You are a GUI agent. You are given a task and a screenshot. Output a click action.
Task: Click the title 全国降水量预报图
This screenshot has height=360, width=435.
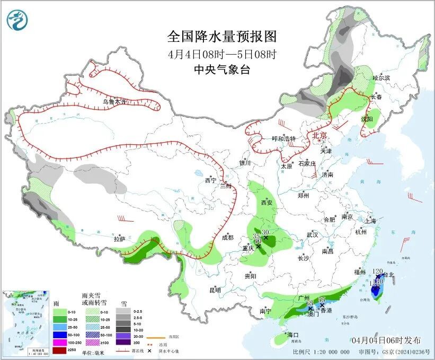(x=222, y=37)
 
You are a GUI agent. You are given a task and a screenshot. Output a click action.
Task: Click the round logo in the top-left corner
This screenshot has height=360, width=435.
(x=17, y=20)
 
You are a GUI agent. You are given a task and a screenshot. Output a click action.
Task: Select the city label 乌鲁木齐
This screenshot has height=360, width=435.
(x=115, y=101)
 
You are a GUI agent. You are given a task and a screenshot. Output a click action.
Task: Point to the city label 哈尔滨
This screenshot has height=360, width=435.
(x=381, y=78)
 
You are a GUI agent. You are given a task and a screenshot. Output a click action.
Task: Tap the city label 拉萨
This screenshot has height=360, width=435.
(x=119, y=239)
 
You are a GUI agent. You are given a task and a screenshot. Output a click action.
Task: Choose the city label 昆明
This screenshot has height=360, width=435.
(x=215, y=290)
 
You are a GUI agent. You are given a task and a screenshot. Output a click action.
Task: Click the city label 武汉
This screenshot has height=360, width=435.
(x=312, y=234)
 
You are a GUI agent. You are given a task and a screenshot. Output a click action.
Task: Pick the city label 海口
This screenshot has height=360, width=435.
(x=294, y=335)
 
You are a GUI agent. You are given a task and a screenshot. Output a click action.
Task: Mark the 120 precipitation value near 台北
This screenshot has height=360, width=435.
(x=378, y=271)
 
